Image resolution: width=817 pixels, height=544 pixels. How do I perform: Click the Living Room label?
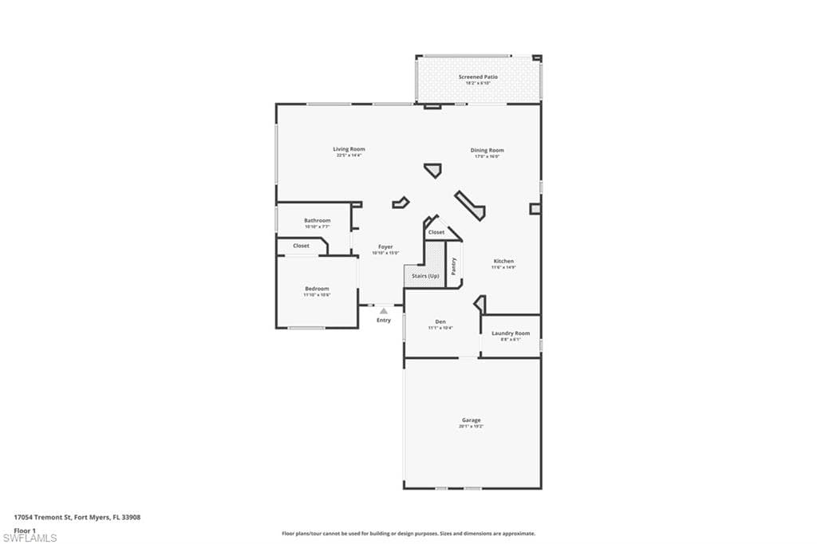point(349,149)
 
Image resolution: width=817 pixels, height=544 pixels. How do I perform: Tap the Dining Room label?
point(487,150)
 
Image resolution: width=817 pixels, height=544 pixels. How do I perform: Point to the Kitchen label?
point(503,261)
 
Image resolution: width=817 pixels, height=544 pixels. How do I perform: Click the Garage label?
point(471,420)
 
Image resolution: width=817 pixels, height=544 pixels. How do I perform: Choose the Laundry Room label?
point(511,333)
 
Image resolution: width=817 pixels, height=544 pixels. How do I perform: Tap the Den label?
point(440,321)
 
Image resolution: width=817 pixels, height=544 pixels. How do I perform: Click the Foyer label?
point(385,246)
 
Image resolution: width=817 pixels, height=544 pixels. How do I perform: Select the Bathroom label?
point(317,220)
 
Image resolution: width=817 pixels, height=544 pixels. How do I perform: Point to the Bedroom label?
point(317,288)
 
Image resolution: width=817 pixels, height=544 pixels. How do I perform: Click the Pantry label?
point(453,266)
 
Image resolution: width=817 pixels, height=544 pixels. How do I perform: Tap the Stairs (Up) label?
point(424,276)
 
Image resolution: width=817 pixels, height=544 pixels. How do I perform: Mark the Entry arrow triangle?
point(384,310)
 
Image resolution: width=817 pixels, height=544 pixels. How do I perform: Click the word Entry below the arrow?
point(384,320)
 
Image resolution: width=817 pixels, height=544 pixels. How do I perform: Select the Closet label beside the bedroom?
point(301,246)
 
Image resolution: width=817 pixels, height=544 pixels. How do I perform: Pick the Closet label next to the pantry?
point(436,232)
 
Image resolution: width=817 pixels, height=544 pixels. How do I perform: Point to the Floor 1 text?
point(25,530)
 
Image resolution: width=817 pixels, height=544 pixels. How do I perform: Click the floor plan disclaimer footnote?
point(408,534)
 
